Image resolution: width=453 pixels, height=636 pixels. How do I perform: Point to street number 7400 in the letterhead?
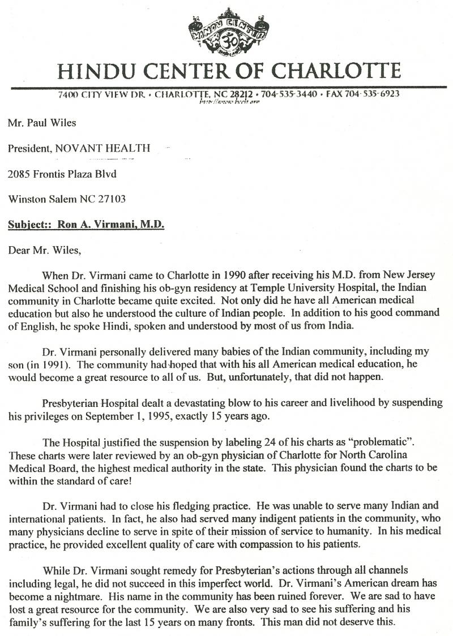[69, 94]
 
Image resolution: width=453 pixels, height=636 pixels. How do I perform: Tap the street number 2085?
[19, 174]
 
